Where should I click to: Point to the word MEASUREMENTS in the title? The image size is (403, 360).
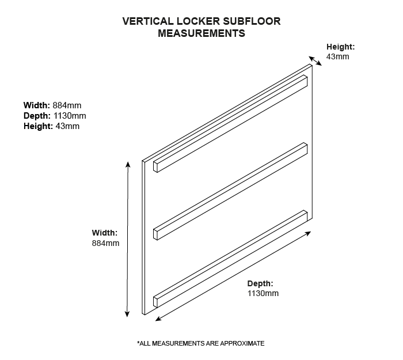[x=201, y=33]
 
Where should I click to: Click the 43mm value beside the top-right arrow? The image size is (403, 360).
[x=337, y=56]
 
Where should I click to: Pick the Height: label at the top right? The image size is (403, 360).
[x=341, y=47]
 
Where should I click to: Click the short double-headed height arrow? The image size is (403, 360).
[x=315, y=61]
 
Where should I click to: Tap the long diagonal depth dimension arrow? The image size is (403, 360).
[x=233, y=275]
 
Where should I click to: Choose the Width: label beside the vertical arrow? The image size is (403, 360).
[x=104, y=233]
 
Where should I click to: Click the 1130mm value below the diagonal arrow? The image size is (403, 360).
[x=263, y=293]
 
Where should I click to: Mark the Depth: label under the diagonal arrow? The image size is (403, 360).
[x=260, y=283]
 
